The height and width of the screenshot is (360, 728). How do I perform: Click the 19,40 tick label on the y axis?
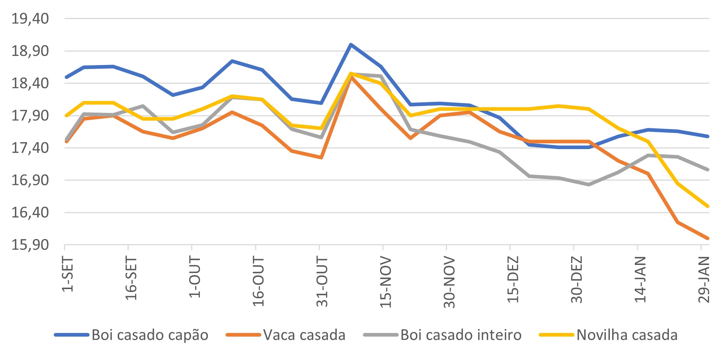[x=30, y=18]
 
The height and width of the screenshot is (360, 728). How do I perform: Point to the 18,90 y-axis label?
[x=30, y=51]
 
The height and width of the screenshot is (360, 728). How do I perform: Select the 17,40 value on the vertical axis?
[x=30, y=148]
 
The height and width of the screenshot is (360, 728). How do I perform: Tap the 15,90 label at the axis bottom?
[x=30, y=245]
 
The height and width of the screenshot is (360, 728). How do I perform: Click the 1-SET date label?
[x=68, y=274]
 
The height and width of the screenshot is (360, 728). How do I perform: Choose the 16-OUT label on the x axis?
[x=258, y=281]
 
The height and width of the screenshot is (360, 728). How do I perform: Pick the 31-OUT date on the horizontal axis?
[x=322, y=281]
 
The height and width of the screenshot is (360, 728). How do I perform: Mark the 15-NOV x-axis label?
[x=386, y=282]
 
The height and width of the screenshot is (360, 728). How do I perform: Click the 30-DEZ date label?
[x=576, y=280]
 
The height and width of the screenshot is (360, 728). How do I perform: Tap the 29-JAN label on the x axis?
[x=704, y=280]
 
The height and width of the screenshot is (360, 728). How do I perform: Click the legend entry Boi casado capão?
[x=150, y=335]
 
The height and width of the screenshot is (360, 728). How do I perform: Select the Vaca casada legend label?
[x=304, y=335]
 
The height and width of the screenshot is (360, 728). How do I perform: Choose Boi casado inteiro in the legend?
[x=461, y=335]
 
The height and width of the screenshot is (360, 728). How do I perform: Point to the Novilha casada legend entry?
[x=627, y=335]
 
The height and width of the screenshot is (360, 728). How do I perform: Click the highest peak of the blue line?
[x=351, y=45]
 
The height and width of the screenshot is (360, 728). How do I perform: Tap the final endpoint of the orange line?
[x=708, y=238]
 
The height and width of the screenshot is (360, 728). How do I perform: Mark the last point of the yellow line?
[x=708, y=206]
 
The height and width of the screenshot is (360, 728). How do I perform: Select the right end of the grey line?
[x=708, y=170]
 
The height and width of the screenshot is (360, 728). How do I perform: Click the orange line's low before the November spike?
[x=321, y=158]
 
